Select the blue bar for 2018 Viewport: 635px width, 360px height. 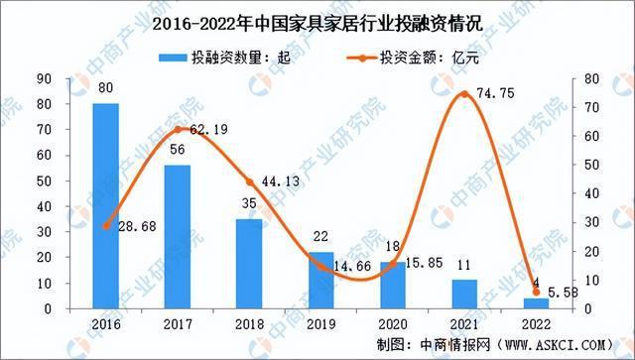tap(249, 264)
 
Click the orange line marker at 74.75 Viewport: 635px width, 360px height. tap(463, 94)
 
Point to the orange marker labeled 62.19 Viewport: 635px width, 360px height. tap(177, 130)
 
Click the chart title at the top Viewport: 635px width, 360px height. tap(317, 19)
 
